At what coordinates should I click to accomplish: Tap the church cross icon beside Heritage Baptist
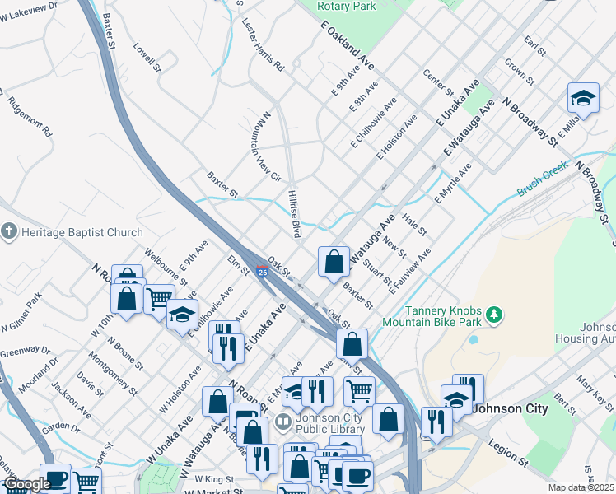(9, 232)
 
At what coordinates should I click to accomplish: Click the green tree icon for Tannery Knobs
(494, 314)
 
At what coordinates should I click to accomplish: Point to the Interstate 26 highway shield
(262, 271)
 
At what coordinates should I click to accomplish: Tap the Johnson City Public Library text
(328, 422)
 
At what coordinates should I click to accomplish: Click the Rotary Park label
(347, 5)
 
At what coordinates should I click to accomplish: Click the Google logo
(26, 484)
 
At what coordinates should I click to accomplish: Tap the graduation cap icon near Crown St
(583, 98)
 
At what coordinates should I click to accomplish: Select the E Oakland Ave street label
(348, 48)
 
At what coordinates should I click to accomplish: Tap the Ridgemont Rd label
(30, 117)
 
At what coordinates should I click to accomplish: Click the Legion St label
(507, 449)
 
